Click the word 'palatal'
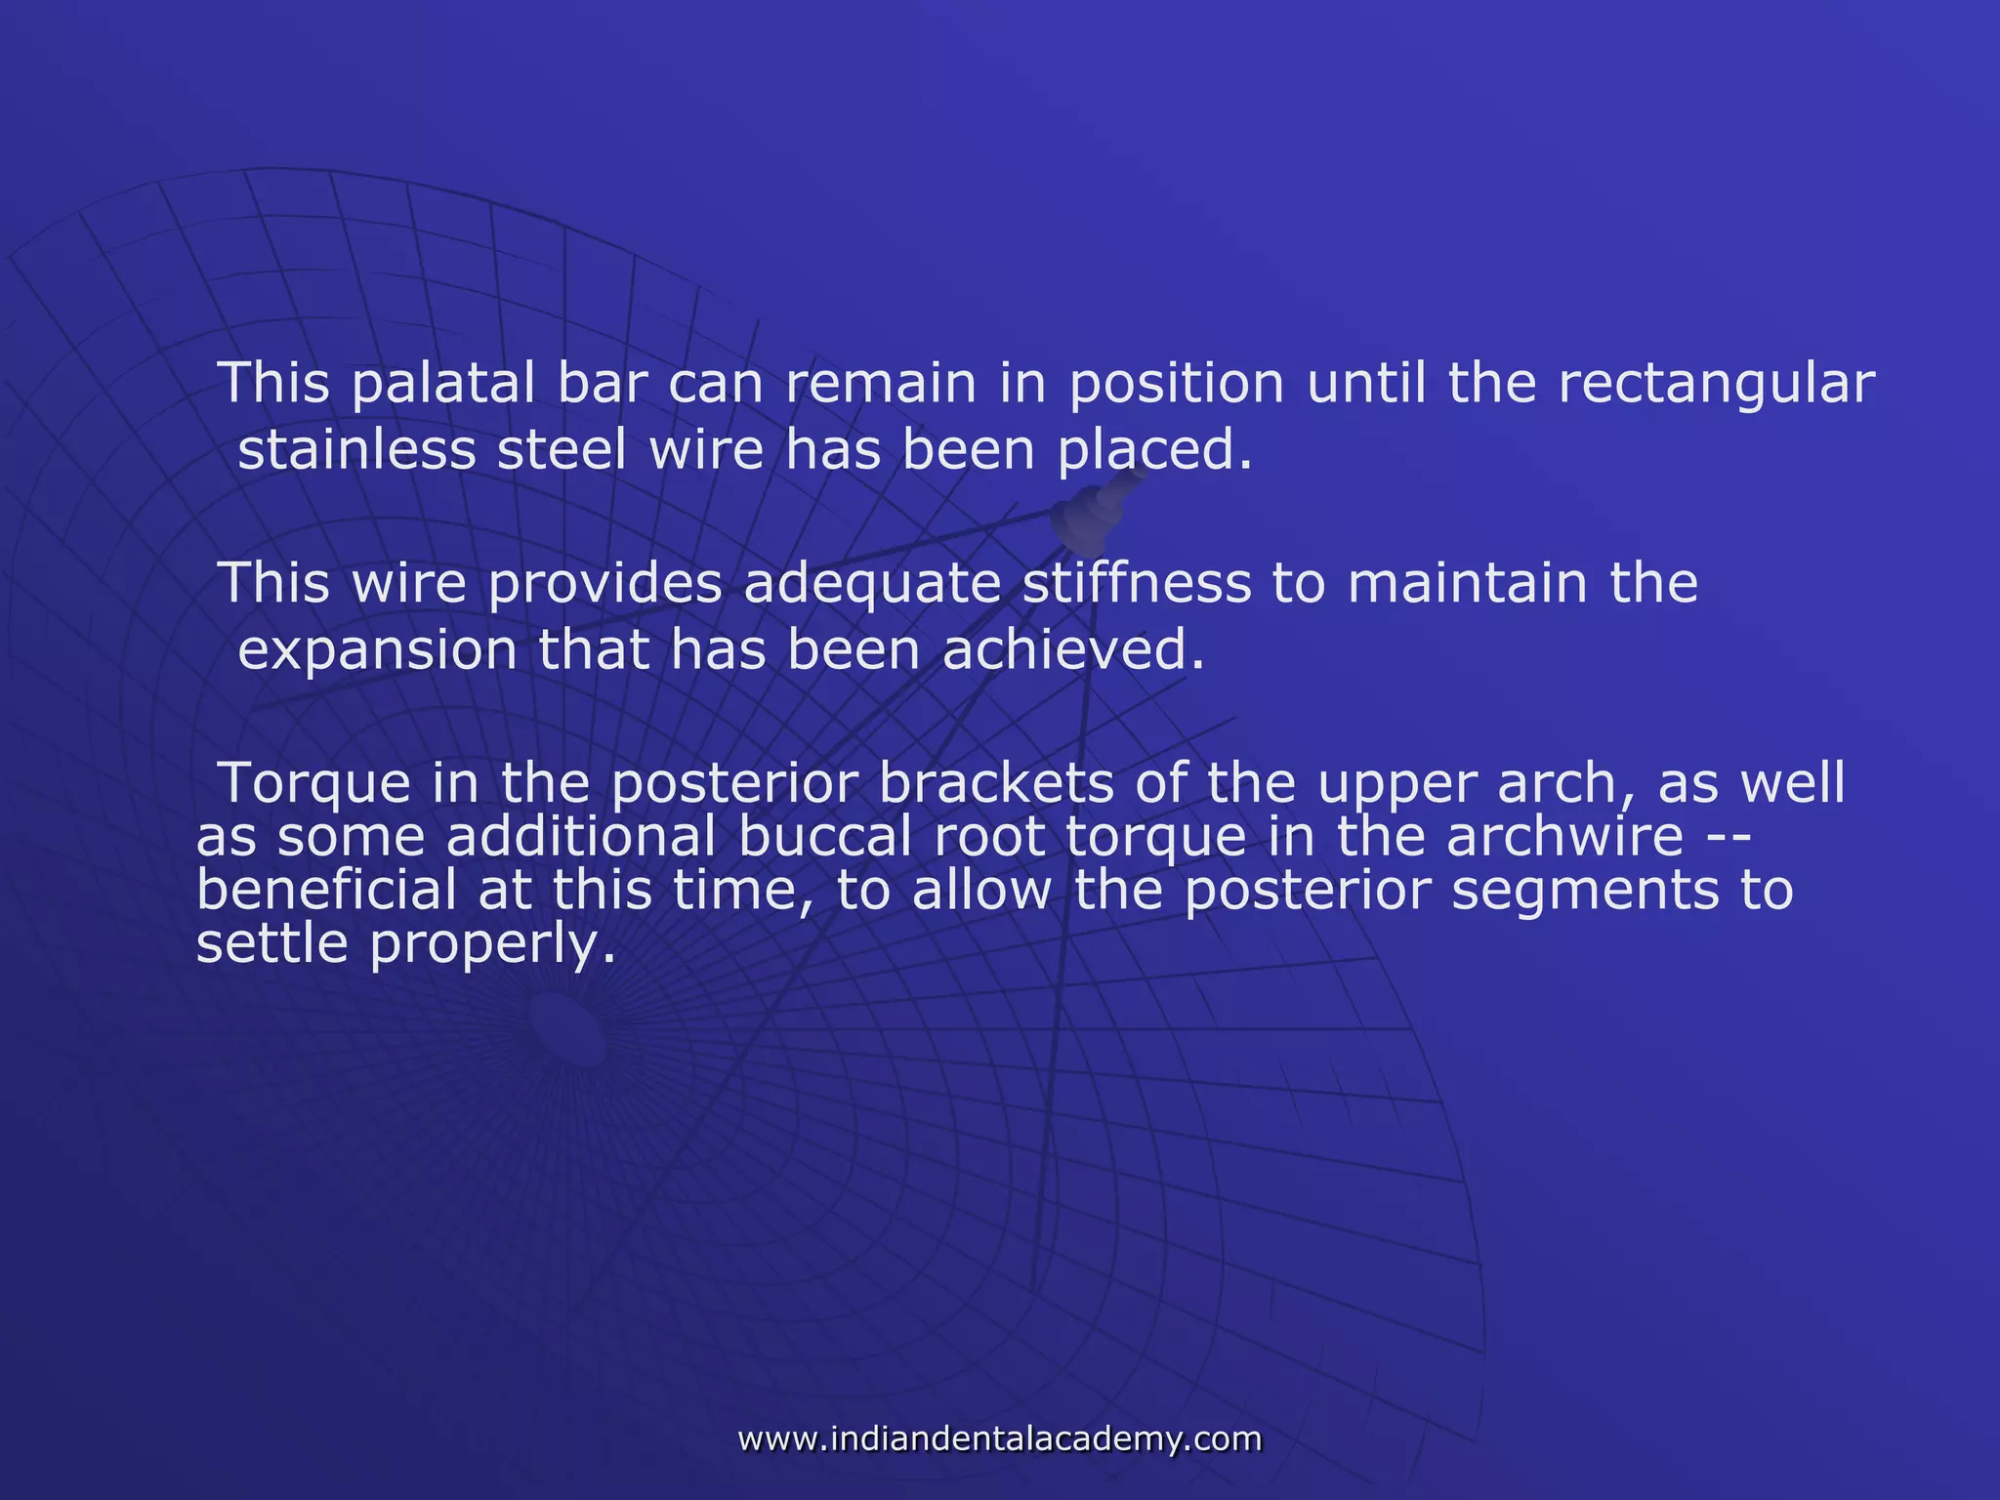click(x=442, y=385)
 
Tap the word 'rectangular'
click(x=1716, y=385)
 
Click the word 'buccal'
click(x=822, y=838)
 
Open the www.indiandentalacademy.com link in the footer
click(x=1000, y=1438)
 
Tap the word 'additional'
click(x=580, y=838)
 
